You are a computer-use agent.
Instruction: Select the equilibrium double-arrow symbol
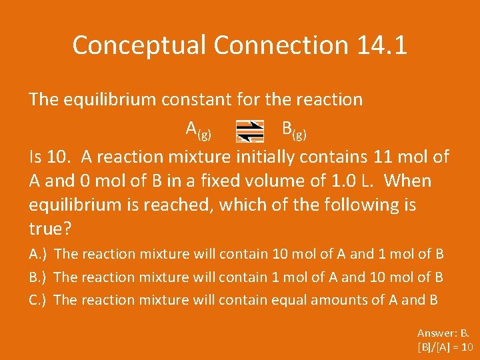(251, 130)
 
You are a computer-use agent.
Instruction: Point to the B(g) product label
(294, 129)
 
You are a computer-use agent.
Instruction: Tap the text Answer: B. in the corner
(443, 333)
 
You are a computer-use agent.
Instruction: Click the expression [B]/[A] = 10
(445, 347)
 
